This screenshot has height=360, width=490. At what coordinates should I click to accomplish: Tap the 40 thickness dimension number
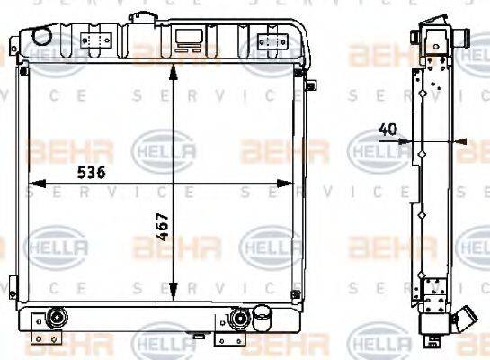[389, 129]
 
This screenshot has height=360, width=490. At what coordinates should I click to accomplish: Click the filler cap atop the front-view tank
[141, 18]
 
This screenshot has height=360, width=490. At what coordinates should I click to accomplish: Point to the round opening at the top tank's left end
[40, 35]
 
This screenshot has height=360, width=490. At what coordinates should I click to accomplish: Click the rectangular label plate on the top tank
[190, 38]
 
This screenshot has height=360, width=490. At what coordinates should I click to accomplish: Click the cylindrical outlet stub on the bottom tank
[263, 317]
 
